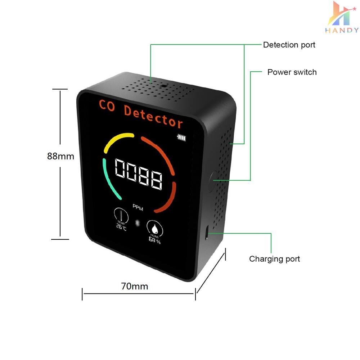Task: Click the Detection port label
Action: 289,45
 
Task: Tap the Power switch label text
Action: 292,72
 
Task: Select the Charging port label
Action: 274,259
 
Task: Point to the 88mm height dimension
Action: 60,156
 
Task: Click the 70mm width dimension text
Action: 135,286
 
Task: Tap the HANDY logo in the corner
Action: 342,17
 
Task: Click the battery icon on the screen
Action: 181,137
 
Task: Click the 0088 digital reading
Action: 139,174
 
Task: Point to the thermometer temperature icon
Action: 121,215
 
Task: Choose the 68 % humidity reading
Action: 154,240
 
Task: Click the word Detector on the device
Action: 153,117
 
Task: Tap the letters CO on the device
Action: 107,105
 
